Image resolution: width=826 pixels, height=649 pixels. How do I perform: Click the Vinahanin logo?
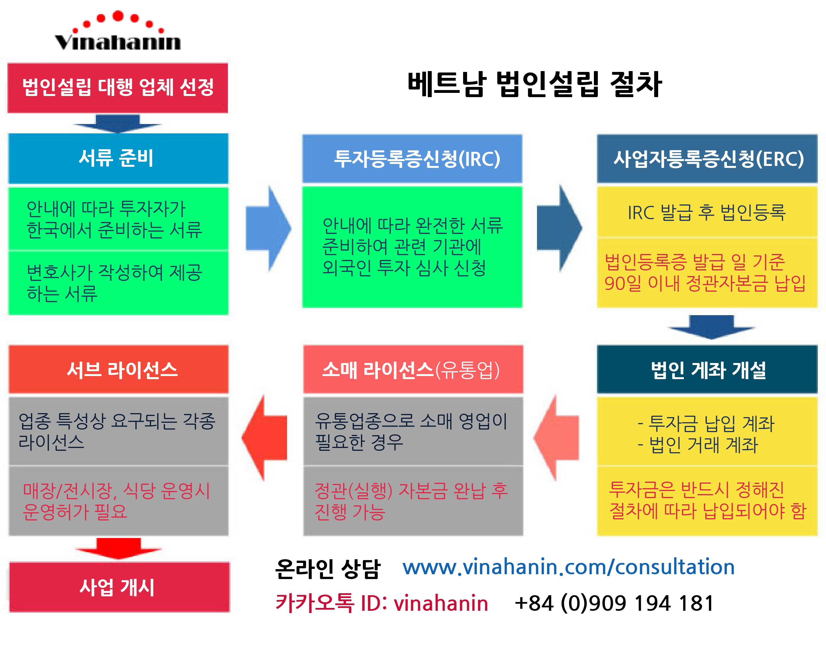[x=118, y=32]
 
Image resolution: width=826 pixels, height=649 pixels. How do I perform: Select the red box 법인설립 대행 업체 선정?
[x=118, y=88]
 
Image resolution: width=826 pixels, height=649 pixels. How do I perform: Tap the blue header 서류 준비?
[x=118, y=158]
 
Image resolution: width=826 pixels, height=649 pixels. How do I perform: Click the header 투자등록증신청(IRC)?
[x=412, y=159]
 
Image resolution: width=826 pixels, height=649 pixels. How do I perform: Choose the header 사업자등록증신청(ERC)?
[x=707, y=159]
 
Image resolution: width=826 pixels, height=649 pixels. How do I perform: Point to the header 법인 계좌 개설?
[x=707, y=369]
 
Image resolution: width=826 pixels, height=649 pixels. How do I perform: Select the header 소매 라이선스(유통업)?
[x=413, y=369]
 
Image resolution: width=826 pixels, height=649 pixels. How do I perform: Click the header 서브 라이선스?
[x=119, y=369]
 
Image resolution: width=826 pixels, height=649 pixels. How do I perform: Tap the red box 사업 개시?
[x=119, y=587]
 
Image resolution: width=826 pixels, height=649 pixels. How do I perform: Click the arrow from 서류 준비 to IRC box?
[x=268, y=228]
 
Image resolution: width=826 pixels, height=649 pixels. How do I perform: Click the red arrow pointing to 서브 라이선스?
[x=265, y=438]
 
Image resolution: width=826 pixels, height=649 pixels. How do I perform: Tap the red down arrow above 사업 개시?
[x=119, y=548]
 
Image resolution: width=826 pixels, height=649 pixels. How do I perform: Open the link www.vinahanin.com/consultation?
[x=568, y=567]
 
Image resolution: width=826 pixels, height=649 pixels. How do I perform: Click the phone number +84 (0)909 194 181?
[x=614, y=603]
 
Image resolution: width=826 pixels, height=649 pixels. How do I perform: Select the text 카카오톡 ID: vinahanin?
[x=381, y=603]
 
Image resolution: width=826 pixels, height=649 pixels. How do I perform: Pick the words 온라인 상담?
[x=327, y=569]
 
